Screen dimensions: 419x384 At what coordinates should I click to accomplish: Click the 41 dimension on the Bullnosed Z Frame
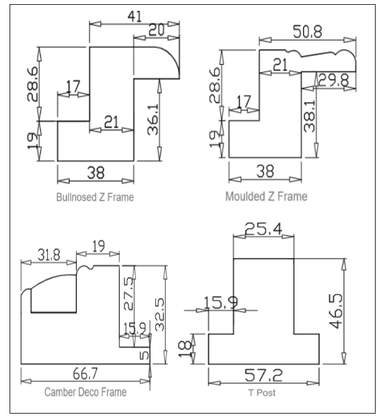(x=136, y=16)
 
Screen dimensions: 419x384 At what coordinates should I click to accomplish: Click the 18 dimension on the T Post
(x=187, y=348)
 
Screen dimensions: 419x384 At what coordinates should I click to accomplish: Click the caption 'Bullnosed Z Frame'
(x=95, y=197)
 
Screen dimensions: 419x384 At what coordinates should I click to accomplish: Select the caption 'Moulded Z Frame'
(x=267, y=197)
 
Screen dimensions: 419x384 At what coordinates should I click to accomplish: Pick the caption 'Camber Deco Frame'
(x=85, y=393)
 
